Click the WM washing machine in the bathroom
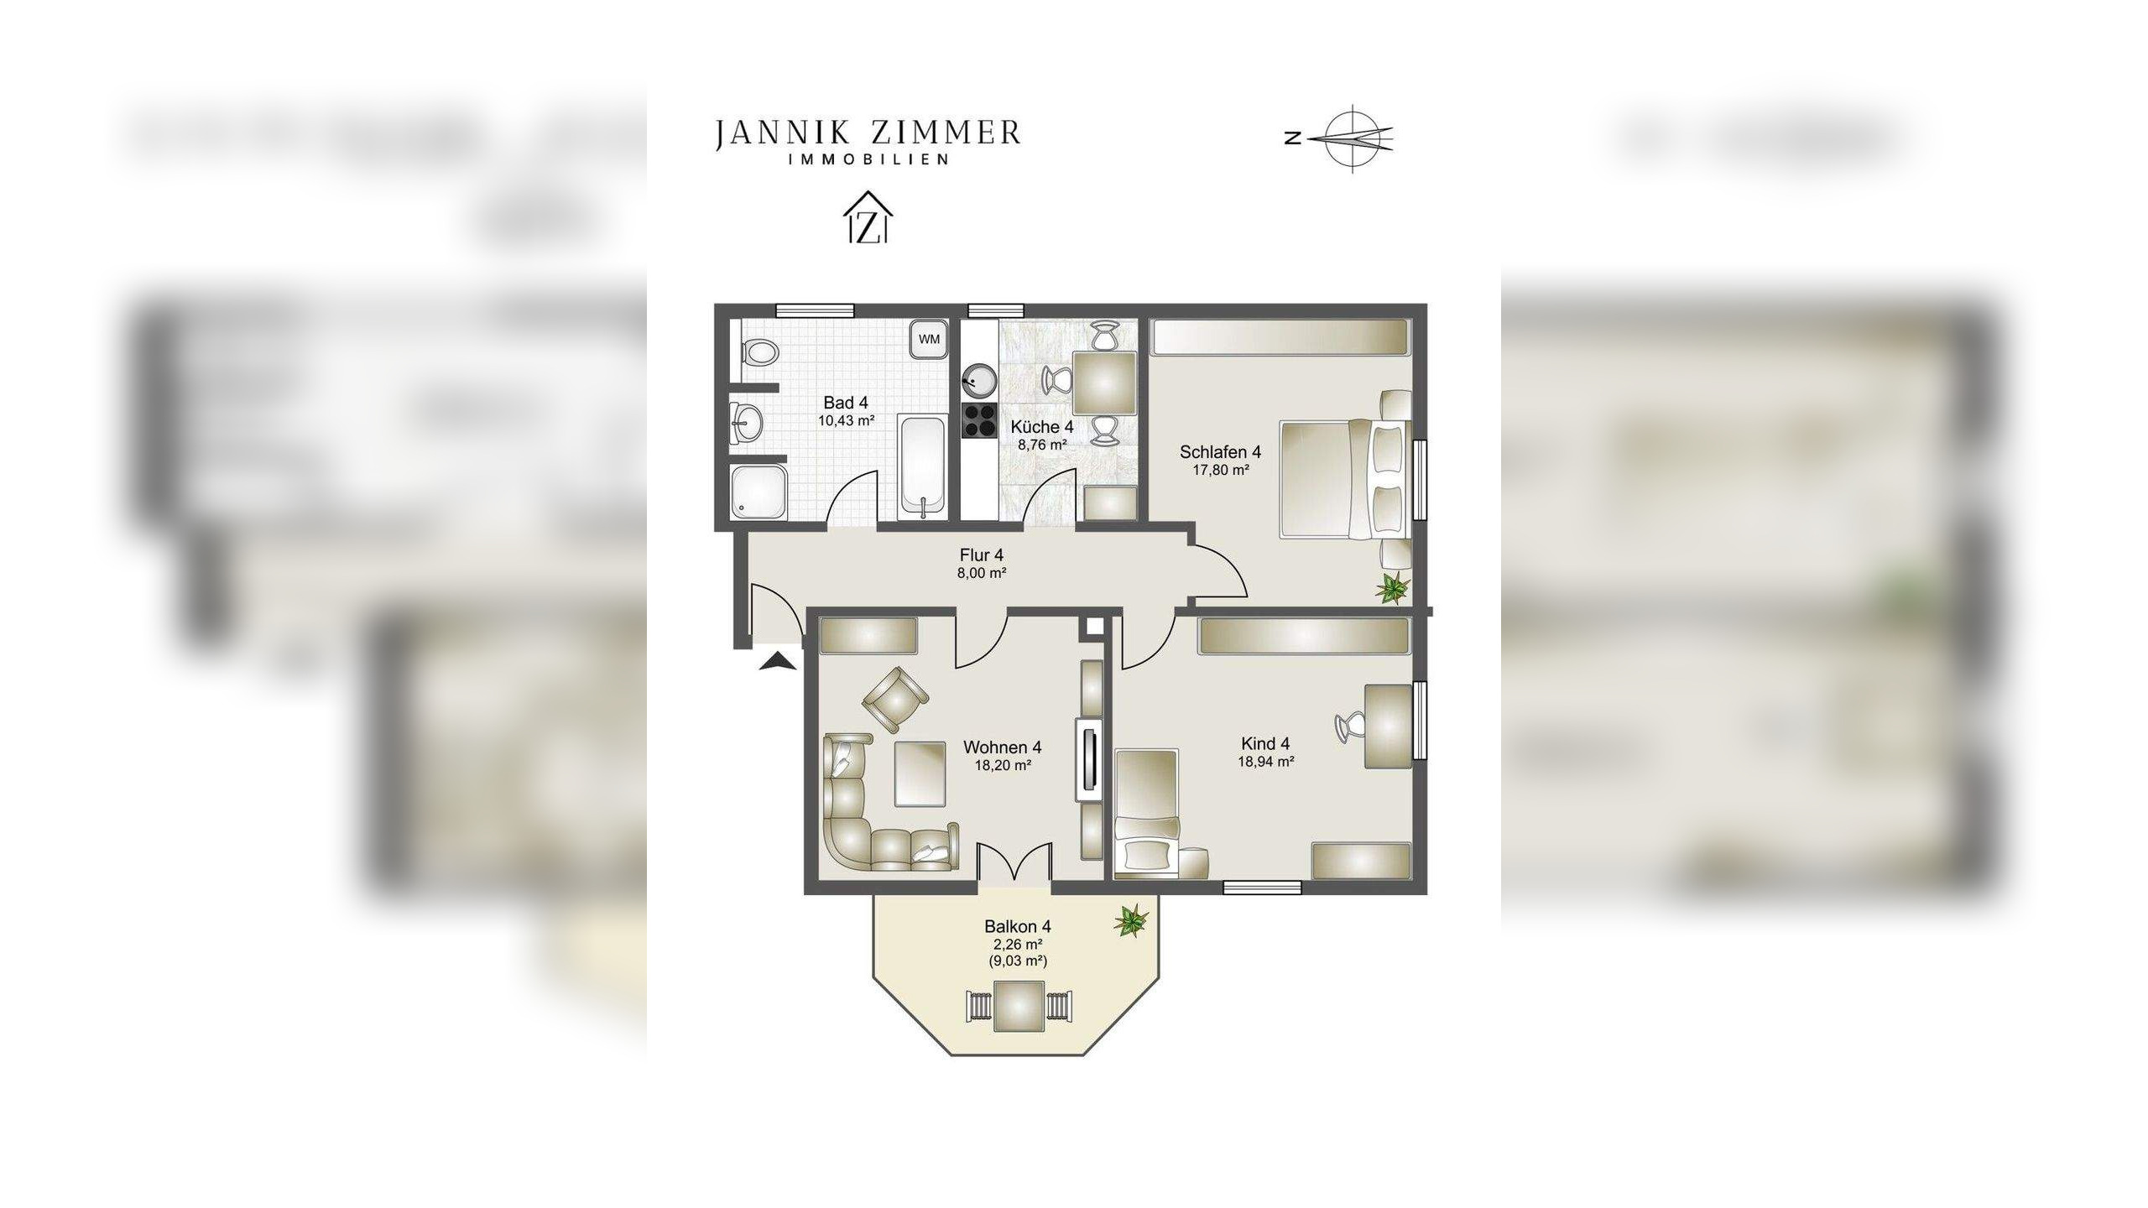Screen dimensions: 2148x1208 tap(929, 340)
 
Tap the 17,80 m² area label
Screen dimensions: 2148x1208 tap(1221, 471)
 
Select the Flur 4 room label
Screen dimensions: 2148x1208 tap(982, 555)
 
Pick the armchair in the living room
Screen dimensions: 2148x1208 tap(894, 697)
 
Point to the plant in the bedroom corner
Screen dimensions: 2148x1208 tap(1393, 586)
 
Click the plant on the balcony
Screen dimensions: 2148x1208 tap(1131, 921)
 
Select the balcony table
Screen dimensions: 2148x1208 tap(1019, 1006)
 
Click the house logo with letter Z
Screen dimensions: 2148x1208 tap(868, 218)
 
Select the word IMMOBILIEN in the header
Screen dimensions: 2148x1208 tap(868, 159)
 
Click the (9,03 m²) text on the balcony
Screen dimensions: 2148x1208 tap(1018, 961)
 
